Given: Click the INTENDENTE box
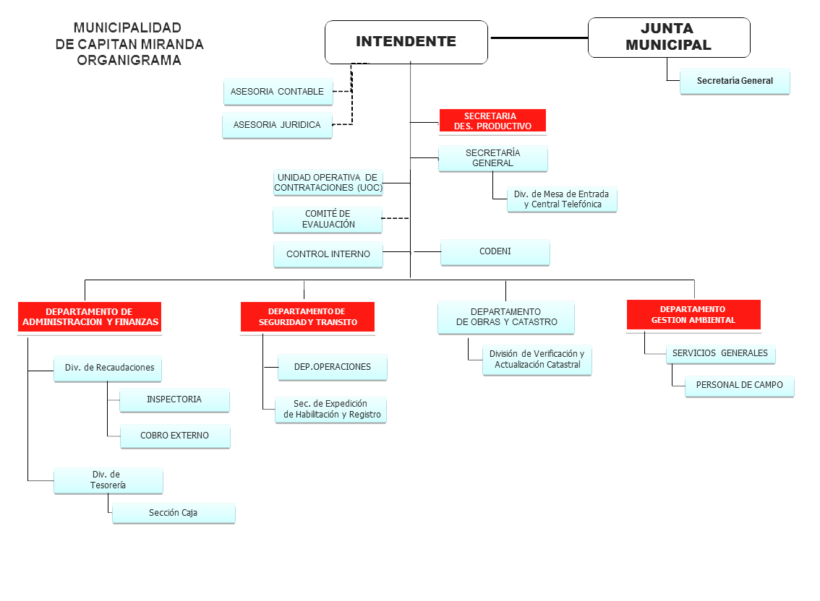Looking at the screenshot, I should pyautogui.click(x=406, y=42).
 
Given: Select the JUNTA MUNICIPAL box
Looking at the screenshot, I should pyautogui.click(x=668, y=38).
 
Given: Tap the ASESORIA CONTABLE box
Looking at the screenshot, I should pyautogui.click(x=278, y=92).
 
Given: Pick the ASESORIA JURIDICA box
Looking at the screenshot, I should pyautogui.click(x=276, y=125).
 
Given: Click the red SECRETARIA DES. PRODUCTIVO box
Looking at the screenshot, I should pyautogui.click(x=492, y=121).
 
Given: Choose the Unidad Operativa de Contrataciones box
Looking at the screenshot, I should pyautogui.click(x=328, y=182).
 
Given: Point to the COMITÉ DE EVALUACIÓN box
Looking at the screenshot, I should pyautogui.click(x=328, y=220).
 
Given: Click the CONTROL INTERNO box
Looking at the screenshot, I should pyautogui.click(x=328, y=254).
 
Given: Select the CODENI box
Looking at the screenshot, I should pyautogui.click(x=495, y=251).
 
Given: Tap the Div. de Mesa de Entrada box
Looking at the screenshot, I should pyautogui.click(x=562, y=199).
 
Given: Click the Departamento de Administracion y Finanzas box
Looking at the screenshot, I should pyautogui.click(x=90, y=317).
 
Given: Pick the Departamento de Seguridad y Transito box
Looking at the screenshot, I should pyautogui.click(x=308, y=317).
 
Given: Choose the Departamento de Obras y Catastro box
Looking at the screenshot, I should pyautogui.click(x=505, y=317).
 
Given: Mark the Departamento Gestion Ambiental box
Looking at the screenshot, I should pyautogui.click(x=693, y=315).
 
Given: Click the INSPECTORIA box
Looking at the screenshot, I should pyautogui.click(x=174, y=399).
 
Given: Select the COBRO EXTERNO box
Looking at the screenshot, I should pyautogui.click(x=174, y=436).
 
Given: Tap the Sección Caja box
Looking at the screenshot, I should pyautogui.click(x=174, y=513).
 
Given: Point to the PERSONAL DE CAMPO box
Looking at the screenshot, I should pyautogui.click(x=739, y=385).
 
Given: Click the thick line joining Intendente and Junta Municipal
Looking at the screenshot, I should pyautogui.click(x=538, y=38).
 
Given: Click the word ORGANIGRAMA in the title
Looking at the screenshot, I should pyautogui.click(x=129, y=61).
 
